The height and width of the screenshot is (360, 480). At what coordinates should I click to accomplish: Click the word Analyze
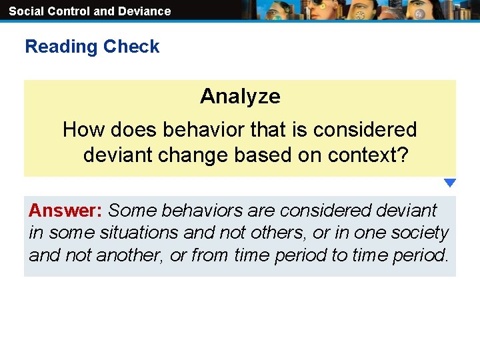tap(240, 97)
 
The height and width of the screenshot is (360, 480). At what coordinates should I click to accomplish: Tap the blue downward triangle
tap(450, 183)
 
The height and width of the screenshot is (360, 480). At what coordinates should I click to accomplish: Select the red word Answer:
tap(65, 211)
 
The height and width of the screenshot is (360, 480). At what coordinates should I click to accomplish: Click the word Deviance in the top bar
tap(144, 11)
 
